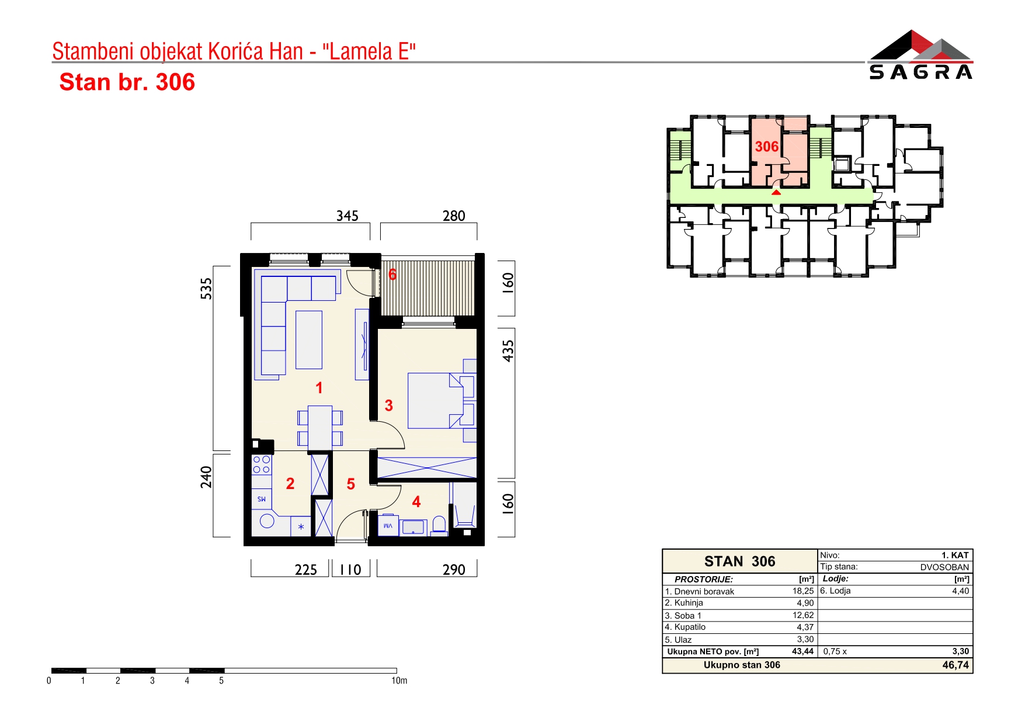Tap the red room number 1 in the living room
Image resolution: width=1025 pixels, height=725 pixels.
point(319,387)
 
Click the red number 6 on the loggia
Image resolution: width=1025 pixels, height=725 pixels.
point(392,274)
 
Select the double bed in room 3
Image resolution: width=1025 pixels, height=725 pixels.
point(441,400)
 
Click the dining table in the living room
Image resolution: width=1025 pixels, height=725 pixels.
point(320,427)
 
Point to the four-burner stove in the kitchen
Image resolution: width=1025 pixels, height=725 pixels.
point(261,465)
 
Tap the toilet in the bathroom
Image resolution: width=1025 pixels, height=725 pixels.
point(439,526)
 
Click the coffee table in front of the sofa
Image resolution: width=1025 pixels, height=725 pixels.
point(309,339)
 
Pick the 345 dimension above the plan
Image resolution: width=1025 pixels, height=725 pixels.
point(347,216)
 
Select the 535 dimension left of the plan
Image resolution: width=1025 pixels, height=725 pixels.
point(206,289)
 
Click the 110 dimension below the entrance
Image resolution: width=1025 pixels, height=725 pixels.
point(350,570)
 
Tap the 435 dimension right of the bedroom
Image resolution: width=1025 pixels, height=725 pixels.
point(508,351)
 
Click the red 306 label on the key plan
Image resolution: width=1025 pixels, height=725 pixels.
point(766,147)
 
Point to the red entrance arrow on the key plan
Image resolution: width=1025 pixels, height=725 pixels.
point(776,192)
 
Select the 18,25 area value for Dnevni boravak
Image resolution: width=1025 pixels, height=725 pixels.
point(803,591)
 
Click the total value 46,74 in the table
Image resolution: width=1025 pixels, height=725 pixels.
point(955,665)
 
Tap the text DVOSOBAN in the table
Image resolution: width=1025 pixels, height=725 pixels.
point(944,567)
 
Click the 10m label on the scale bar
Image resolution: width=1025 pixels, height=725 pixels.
point(399,681)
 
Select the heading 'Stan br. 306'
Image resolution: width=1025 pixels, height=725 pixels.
point(127,82)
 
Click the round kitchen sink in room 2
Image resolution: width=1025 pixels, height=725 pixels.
point(267,521)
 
